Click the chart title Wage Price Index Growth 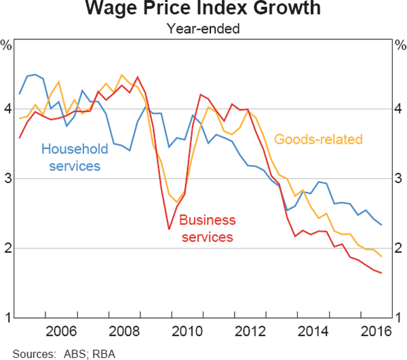coord(203,10)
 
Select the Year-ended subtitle coord(203,28)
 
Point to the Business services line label coord(207,228)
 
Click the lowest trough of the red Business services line coord(169,228)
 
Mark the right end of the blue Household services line coord(381,224)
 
